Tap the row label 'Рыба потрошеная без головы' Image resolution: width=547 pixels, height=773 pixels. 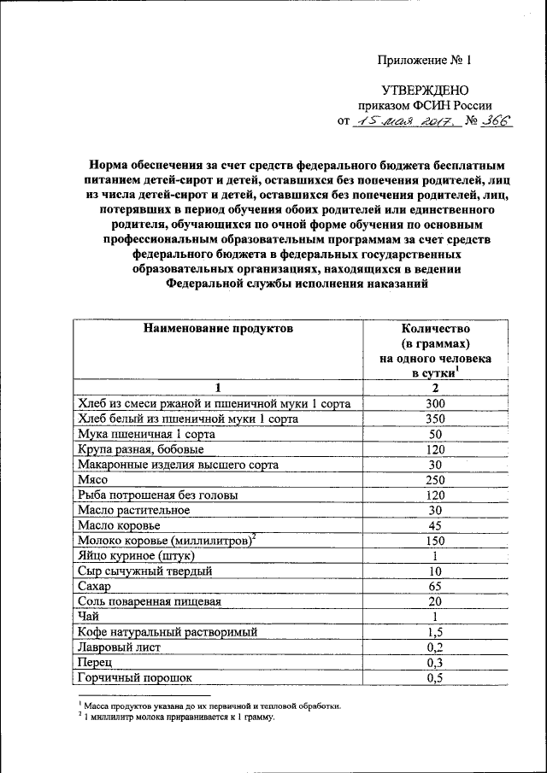[x=157, y=495]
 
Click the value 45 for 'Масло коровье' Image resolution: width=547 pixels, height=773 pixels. [x=436, y=526]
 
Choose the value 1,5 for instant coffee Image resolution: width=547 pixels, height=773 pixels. [x=436, y=633]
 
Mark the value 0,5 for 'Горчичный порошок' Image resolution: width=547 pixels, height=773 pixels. [x=436, y=679]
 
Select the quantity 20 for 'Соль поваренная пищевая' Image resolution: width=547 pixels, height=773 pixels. [x=436, y=602]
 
